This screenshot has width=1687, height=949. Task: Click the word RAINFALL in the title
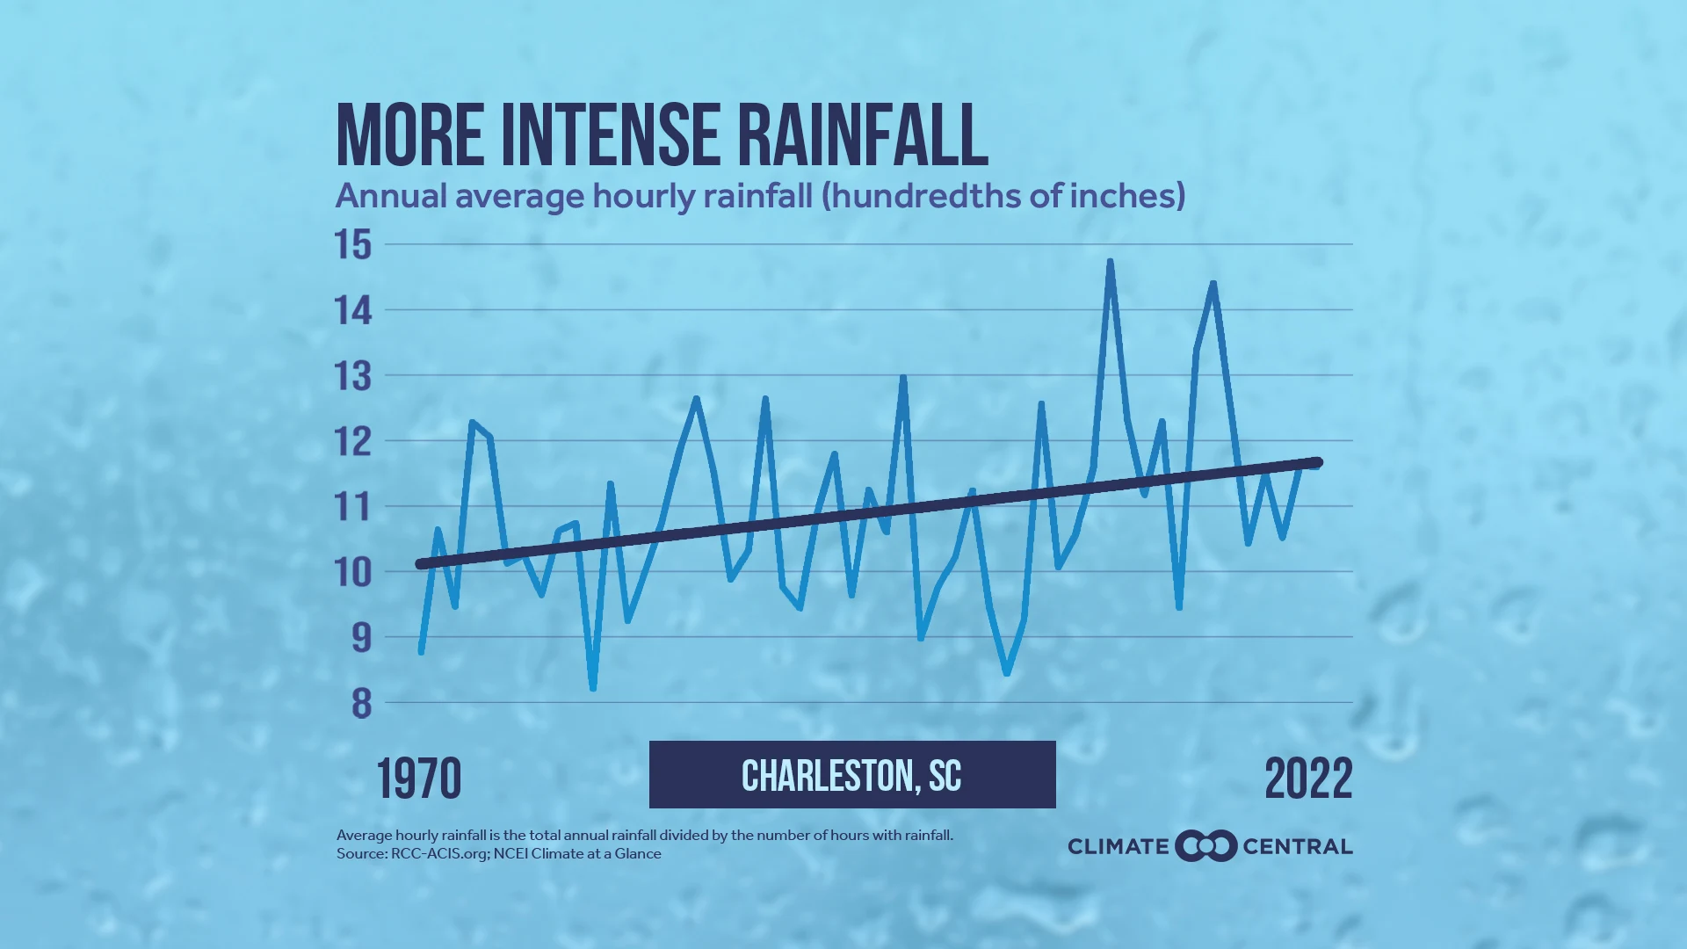click(863, 135)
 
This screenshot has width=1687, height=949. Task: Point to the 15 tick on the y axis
click(353, 245)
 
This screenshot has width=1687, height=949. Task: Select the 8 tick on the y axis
click(361, 704)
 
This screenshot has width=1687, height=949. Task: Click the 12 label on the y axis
click(353, 442)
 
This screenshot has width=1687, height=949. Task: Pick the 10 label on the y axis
click(353, 573)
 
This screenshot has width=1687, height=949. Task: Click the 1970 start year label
click(419, 779)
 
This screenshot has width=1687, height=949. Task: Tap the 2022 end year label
click(1308, 779)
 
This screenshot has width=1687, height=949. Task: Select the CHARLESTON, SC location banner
click(851, 775)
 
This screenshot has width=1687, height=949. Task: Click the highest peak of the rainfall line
click(1111, 261)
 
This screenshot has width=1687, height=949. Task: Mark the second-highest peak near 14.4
click(1213, 283)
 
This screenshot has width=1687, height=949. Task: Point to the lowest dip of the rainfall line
click(593, 688)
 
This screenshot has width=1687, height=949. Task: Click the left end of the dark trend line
click(421, 564)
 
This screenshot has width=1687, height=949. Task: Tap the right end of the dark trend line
click(1317, 462)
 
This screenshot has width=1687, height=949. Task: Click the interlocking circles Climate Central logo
click(1206, 846)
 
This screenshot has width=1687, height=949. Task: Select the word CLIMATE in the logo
click(1118, 847)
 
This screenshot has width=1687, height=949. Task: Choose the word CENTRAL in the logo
click(1297, 847)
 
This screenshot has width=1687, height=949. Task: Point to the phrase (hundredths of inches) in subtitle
click(1003, 196)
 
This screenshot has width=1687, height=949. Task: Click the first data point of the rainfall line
click(422, 652)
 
